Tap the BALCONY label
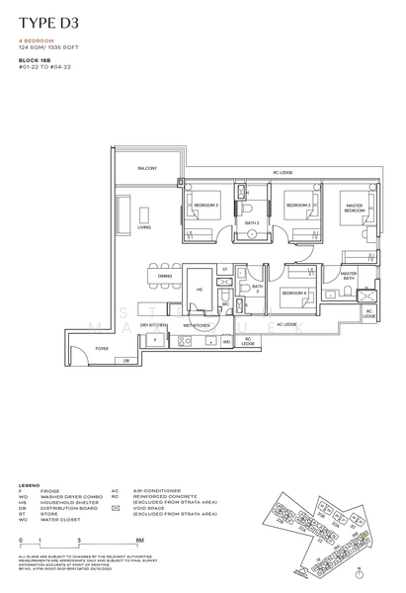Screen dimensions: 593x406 [x=148, y=169]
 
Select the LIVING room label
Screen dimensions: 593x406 [x=143, y=226]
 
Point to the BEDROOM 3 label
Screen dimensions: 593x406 [x=204, y=205]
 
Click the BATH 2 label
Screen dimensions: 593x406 [x=251, y=223]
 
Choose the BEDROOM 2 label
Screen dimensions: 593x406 [x=297, y=205]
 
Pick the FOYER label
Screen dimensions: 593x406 [x=101, y=349]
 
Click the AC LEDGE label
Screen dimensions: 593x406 [x=286, y=324]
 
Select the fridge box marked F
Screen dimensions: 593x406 [x=154, y=340]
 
